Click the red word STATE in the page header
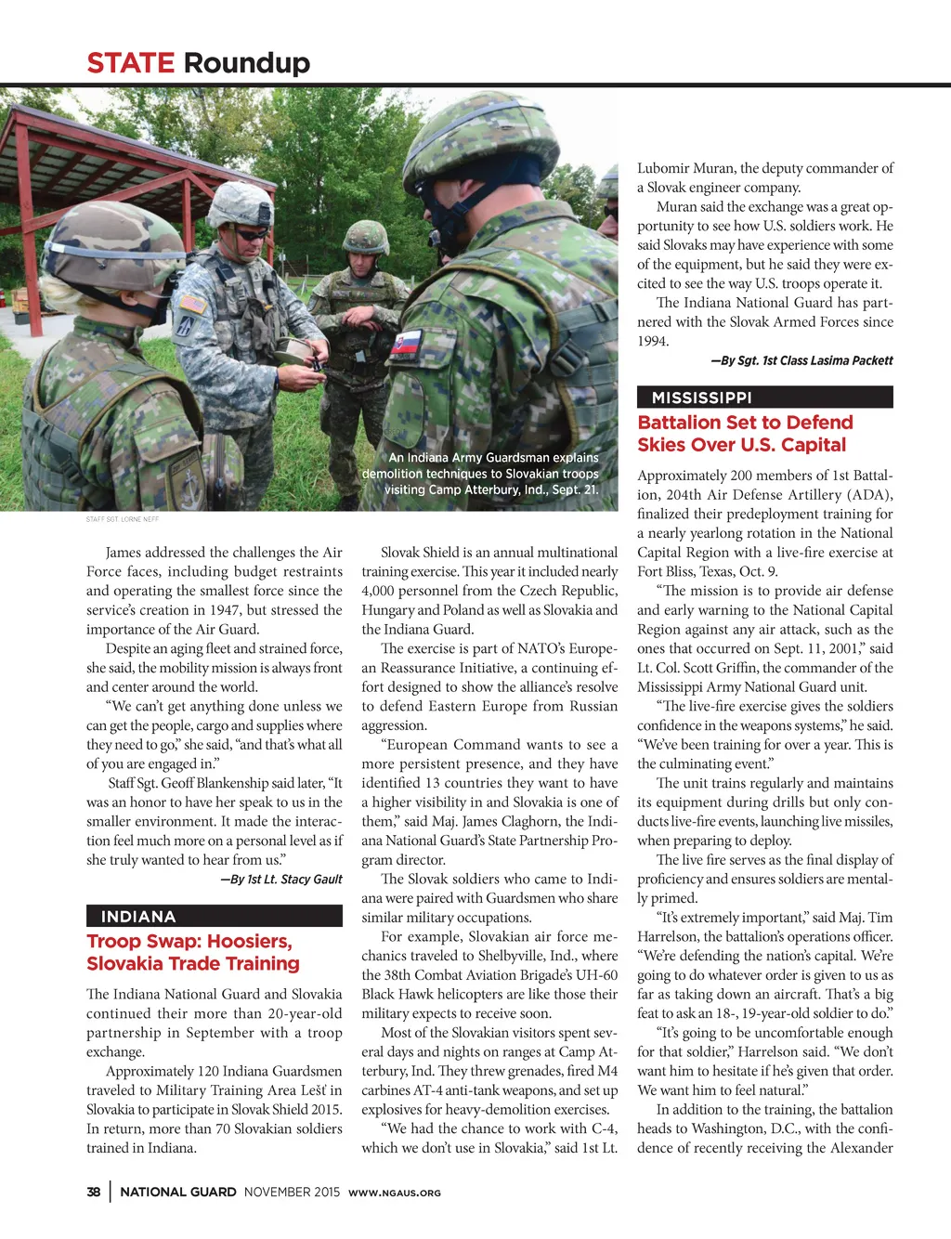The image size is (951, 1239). point(130,63)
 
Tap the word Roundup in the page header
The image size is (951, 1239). point(246,63)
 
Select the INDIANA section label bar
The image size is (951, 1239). point(214,917)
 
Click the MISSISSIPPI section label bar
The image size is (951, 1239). point(764,398)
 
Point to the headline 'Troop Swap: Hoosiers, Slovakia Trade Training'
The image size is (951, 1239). point(193,952)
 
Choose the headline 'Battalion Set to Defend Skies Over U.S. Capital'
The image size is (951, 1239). point(745,434)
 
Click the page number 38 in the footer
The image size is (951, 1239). point(94,1192)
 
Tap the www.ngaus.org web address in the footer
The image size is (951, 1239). point(394,1193)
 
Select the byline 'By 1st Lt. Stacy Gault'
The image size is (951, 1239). point(281,879)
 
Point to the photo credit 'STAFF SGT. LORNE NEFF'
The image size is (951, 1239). point(123,519)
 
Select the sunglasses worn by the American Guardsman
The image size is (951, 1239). point(252,234)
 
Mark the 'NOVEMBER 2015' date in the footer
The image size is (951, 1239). point(292,1192)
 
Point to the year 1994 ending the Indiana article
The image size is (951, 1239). point(653,342)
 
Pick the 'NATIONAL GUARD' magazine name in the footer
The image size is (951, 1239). point(178,1192)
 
